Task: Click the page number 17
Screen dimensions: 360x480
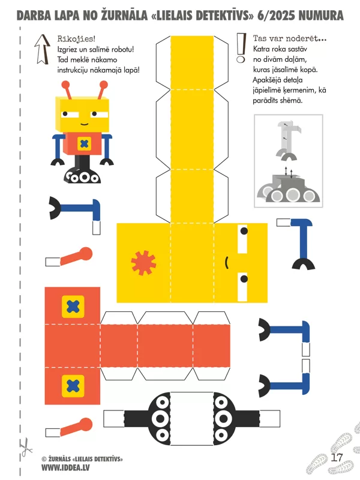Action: click(x=337, y=457)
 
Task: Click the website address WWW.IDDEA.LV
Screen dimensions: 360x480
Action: click(x=65, y=468)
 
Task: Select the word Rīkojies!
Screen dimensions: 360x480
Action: click(x=76, y=38)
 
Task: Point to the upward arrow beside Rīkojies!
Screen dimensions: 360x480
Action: click(x=42, y=49)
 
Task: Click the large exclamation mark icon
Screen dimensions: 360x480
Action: click(x=241, y=48)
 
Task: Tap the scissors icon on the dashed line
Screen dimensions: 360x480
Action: click(x=26, y=447)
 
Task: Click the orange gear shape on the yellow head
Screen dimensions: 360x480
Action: click(x=143, y=263)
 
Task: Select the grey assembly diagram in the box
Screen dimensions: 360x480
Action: click(x=289, y=161)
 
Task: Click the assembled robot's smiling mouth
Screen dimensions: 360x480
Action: click(x=84, y=124)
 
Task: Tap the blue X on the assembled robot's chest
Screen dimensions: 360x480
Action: click(x=84, y=143)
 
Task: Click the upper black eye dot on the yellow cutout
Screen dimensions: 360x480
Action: click(x=244, y=231)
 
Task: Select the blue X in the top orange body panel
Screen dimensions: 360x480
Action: click(x=73, y=307)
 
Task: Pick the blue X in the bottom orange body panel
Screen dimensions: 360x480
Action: click(x=73, y=386)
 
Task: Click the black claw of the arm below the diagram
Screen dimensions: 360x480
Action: click(x=304, y=263)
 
